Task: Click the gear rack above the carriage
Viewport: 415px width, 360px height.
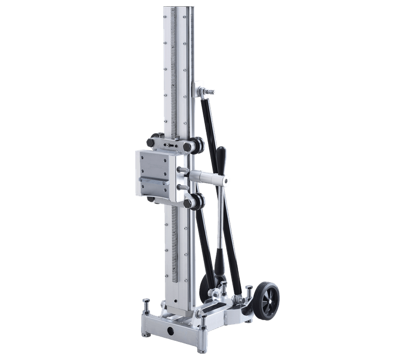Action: tap(169, 78)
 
